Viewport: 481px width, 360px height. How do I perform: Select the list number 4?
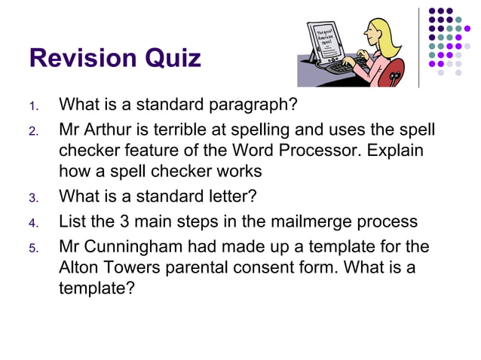[x=33, y=224]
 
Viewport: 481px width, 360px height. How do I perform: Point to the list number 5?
[x=33, y=248]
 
